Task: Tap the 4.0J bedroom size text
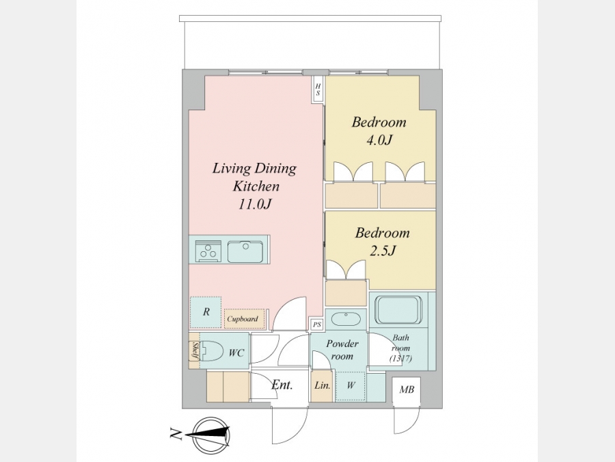pyautogui.click(x=379, y=140)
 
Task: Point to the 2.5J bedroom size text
pyautogui.click(x=382, y=251)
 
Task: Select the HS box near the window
pyautogui.click(x=318, y=90)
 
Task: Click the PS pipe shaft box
pyautogui.click(x=317, y=324)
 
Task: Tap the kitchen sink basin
pyautogui.click(x=246, y=251)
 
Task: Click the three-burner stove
pyautogui.click(x=208, y=251)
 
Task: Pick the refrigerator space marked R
pyautogui.click(x=206, y=312)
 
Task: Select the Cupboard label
pyautogui.click(x=243, y=318)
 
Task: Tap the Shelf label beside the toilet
pyautogui.click(x=194, y=350)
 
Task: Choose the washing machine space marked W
pyautogui.click(x=351, y=385)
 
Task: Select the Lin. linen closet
pyautogui.click(x=322, y=386)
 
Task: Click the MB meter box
pyautogui.click(x=407, y=389)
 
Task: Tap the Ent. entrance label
pyautogui.click(x=282, y=385)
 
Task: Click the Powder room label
pyautogui.click(x=342, y=350)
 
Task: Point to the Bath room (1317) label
pyautogui.click(x=400, y=348)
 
